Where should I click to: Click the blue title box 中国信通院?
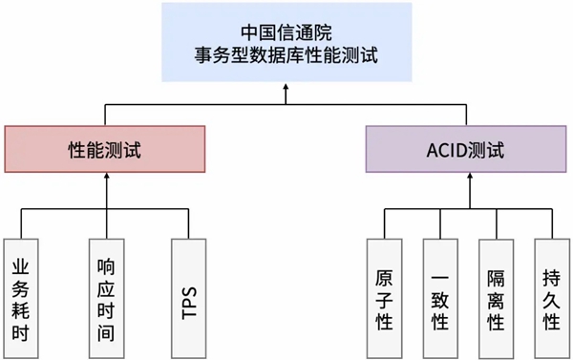click(287, 42)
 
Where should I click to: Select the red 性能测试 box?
click(106, 150)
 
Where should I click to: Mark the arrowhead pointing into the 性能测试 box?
click(106, 179)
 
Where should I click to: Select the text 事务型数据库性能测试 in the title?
click(287, 54)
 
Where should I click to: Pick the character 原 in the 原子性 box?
click(385, 276)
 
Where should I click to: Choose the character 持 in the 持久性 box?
click(551, 276)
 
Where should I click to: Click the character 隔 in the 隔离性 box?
click(496, 276)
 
